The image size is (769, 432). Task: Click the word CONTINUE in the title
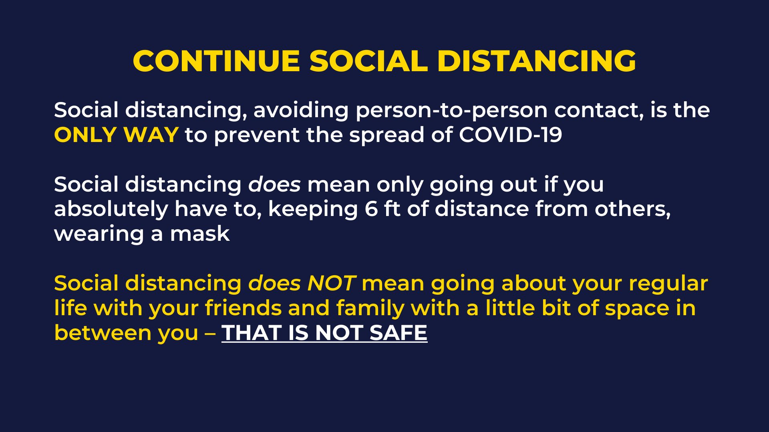(x=217, y=61)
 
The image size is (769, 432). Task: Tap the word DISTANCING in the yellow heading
(x=537, y=61)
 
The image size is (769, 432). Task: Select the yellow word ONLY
(x=85, y=135)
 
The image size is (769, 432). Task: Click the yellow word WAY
(x=151, y=135)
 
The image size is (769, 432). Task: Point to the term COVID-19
(x=511, y=135)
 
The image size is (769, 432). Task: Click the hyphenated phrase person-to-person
(x=451, y=110)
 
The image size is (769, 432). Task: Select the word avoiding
(x=301, y=110)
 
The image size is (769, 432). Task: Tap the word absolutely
(x=111, y=209)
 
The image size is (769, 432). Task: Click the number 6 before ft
(x=371, y=209)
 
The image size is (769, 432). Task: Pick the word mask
(x=200, y=234)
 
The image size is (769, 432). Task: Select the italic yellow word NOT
(x=331, y=284)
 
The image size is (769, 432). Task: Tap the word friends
(x=243, y=308)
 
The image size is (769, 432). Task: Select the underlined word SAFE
(x=398, y=333)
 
